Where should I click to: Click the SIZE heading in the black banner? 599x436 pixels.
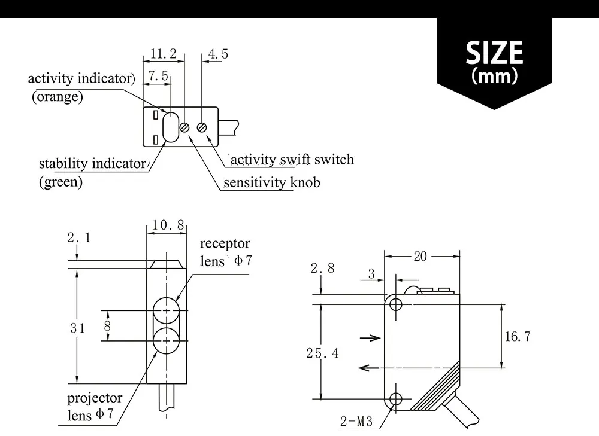click(x=494, y=53)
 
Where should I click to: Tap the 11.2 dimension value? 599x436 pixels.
click(x=163, y=54)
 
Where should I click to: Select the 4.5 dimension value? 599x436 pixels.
click(x=218, y=54)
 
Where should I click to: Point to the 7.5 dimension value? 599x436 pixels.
click(x=159, y=77)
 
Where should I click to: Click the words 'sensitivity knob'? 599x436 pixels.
click(x=272, y=182)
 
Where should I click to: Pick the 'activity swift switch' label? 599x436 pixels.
click(x=292, y=159)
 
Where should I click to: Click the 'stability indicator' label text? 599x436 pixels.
click(x=92, y=163)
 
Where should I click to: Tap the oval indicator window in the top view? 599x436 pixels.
click(x=170, y=127)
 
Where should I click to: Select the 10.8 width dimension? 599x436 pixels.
click(x=168, y=225)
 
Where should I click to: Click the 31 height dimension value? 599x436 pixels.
click(x=78, y=328)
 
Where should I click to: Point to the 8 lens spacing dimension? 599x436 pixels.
click(x=108, y=327)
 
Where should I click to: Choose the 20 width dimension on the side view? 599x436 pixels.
click(x=420, y=256)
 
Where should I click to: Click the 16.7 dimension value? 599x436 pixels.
click(x=518, y=336)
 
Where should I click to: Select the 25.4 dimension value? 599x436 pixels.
click(x=322, y=353)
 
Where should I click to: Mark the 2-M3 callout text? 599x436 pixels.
click(x=356, y=422)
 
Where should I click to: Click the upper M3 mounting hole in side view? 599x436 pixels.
click(x=395, y=304)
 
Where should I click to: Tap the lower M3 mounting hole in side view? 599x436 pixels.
click(x=395, y=399)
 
